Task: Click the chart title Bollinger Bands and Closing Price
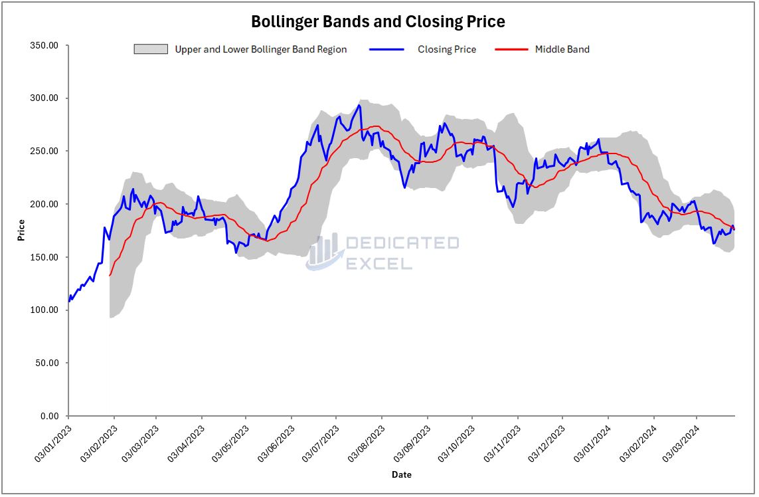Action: (378, 22)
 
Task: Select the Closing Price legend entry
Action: (446, 49)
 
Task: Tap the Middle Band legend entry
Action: (562, 49)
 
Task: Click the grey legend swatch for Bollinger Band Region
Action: (150, 49)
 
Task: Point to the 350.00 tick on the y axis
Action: (44, 45)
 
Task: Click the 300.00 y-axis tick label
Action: (44, 98)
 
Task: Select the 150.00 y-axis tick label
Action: (44, 257)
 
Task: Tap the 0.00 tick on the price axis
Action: (49, 417)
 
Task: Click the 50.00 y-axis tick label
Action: (46, 363)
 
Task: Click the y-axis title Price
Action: (22, 230)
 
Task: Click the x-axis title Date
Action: (401, 474)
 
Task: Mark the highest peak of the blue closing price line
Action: (359, 105)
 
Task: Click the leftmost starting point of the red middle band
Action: (110, 275)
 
